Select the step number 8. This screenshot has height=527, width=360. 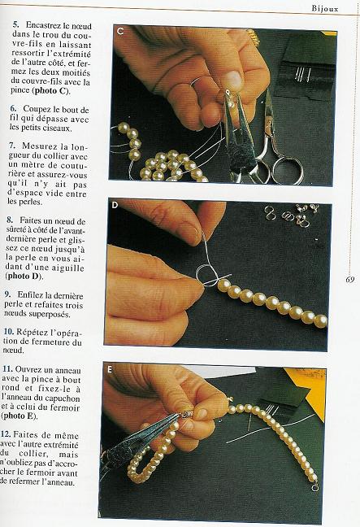pyautogui.click(x=9, y=220)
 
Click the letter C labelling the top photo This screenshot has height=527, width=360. pyautogui.click(x=120, y=32)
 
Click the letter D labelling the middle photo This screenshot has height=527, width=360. pyautogui.click(x=115, y=205)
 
